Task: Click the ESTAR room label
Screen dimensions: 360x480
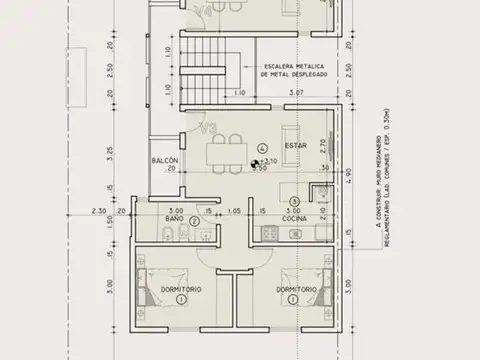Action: pyautogui.click(x=295, y=146)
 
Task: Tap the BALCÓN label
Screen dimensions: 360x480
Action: pyautogui.click(x=165, y=160)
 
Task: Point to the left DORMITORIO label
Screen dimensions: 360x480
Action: pyautogui.click(x=181, y=289)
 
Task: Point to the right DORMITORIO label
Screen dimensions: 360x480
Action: pyautogui.click(x=297, y=289)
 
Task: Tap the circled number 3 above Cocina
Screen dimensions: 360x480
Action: pyautogui.click(x=294, y=200)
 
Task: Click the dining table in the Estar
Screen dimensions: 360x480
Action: pyautogui.click(x=229, y=154)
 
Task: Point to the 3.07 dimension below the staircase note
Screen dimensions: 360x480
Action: pyautogui.click(x=296, y=93)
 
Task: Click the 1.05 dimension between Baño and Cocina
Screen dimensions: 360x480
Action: pyautogui.click(x=234, y=211)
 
